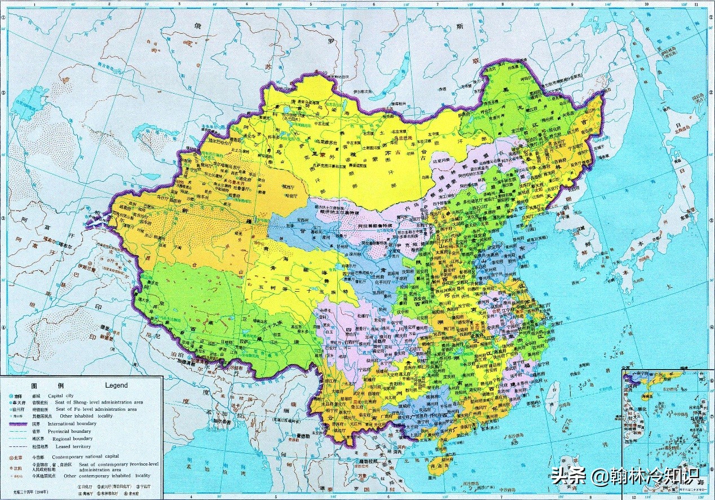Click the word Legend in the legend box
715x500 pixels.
117,385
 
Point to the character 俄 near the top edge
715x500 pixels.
197,25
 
